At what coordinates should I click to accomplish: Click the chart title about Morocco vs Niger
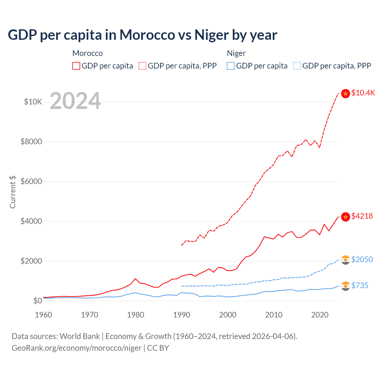point(142,35)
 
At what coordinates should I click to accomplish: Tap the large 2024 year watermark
point(75,101)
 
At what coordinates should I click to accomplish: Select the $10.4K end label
point(363,93)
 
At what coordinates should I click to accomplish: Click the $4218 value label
point(362,216)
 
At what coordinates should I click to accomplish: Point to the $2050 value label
point(362,259)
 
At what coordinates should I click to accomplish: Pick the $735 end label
point(360,286)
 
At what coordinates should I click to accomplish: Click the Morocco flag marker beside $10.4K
point(346,94)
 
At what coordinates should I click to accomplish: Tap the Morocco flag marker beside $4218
point(346,217)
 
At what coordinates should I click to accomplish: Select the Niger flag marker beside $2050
point(346,260)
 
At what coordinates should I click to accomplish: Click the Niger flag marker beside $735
point(346,286)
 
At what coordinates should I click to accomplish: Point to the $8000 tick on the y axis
point(31,142)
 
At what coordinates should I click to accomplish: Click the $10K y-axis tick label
point(33,102)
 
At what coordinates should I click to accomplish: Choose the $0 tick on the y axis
point(37,301)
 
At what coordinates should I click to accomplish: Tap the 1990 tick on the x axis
point(182,315)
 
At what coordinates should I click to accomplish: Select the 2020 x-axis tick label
point(320,315)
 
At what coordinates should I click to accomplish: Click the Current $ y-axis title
point(13,192)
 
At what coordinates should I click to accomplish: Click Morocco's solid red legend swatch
point(76,66)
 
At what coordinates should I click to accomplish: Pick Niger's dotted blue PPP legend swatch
point(297,66)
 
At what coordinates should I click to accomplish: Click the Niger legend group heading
point(236,53)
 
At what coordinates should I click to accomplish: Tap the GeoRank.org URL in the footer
point(77,348)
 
